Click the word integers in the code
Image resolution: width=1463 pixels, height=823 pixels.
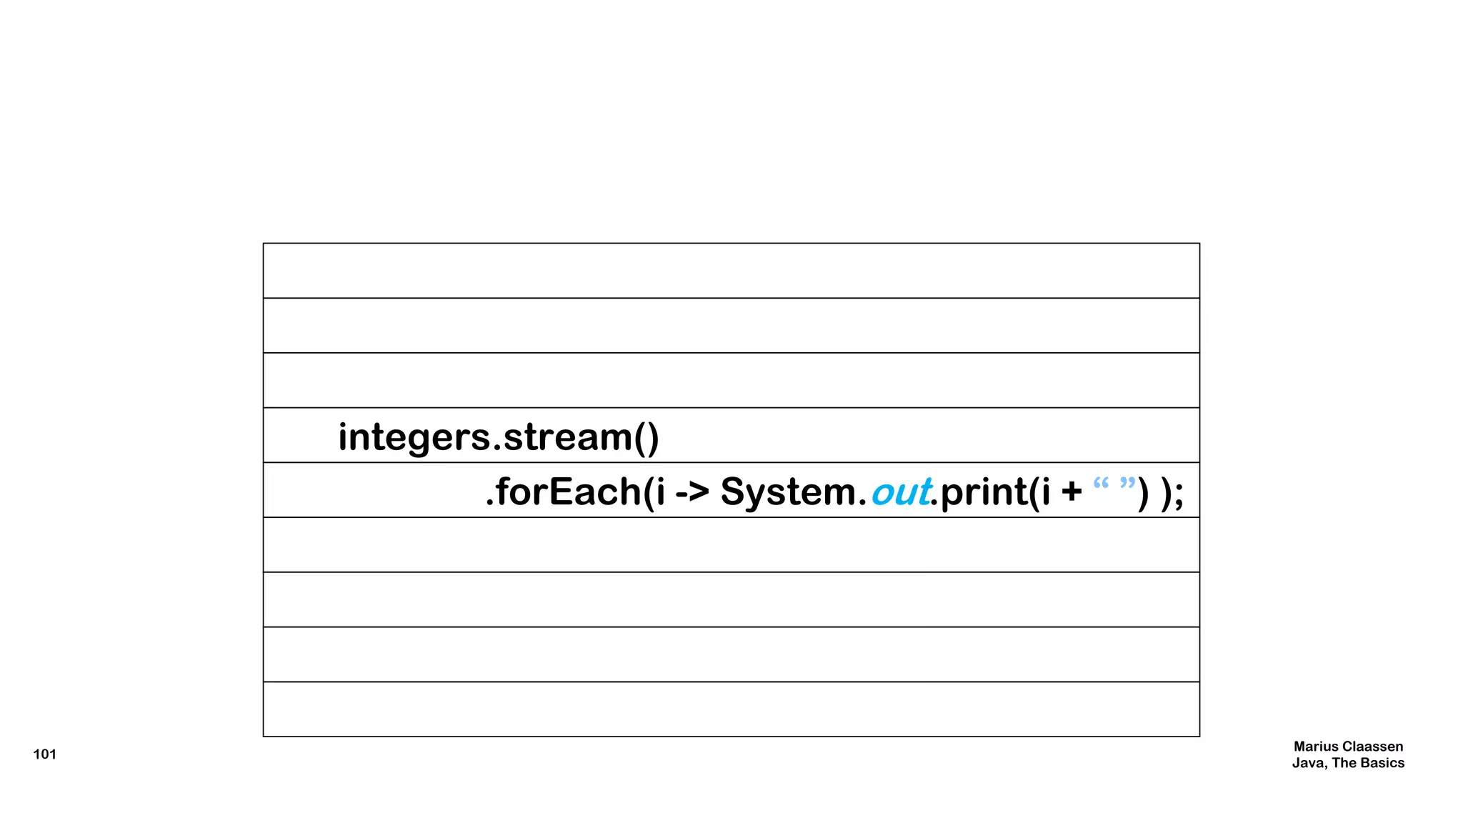point(414,437)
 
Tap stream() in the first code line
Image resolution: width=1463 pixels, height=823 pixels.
point(581,437)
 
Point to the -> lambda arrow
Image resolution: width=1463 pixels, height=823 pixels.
point(691,492)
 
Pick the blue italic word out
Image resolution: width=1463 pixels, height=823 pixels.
point(900,492)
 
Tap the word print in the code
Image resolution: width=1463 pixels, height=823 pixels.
point(984,492)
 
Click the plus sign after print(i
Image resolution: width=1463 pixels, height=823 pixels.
point(1072,492)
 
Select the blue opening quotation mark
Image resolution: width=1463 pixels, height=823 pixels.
point(1101,484)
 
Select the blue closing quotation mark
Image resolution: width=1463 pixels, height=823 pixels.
point(1127,484)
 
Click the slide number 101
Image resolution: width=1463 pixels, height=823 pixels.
point(44,754)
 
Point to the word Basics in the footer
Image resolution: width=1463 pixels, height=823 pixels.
point(1382,763)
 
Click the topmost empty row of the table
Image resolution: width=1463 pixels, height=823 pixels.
point(731,271)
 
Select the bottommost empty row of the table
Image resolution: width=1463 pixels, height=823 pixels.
point(731,709)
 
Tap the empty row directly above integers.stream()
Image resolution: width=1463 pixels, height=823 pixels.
point(731,380)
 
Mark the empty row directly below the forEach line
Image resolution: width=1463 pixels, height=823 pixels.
point(731,544)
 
